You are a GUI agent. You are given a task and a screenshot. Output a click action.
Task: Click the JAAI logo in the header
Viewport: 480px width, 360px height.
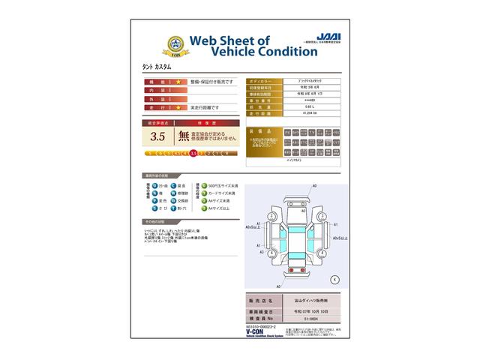click(x=325, y=35)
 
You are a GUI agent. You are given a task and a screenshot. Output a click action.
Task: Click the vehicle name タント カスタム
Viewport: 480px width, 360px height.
click(x=157, y=67)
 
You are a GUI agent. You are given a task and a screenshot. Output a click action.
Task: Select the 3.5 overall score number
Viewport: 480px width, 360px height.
click(x=157, y=136)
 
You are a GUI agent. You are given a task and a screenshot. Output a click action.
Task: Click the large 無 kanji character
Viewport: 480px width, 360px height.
click(x=184, y=136)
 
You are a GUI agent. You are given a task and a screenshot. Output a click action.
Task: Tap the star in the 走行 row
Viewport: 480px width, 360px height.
click(x=178, y=108)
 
